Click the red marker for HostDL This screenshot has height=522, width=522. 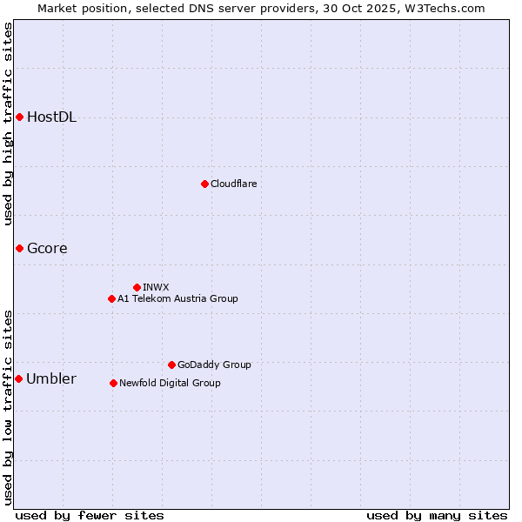click(x=19, y=117)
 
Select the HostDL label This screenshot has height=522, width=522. click(x=51, y=117)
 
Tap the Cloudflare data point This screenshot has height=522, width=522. click(x=204, y=184)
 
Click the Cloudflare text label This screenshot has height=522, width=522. click(x=233, y=184)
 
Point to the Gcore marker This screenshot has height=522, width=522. click(x=19, y=249)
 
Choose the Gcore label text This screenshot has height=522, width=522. click(x=47, y=249)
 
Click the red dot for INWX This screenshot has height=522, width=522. click(x=137, y=287)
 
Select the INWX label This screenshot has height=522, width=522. click(x=156, y=287)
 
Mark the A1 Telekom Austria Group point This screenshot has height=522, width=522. click(x=111, y=298)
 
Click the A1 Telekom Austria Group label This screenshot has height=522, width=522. click(x=177, y=298)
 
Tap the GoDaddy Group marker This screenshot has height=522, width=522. click(x=171, y=365)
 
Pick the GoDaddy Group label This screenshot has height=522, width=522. click(x=213, y=365)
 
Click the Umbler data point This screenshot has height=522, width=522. click(x=19, y=379)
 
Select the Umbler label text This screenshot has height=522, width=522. click(x=50, y=379)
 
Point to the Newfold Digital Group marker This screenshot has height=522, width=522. click(x=113, y=383)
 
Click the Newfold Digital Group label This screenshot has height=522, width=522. click(x=170, y=383)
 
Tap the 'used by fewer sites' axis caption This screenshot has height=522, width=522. click(x=90, y=515)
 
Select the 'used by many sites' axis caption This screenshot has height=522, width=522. click(x=437, y=515)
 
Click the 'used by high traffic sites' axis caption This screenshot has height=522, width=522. click(x=8, y=124)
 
